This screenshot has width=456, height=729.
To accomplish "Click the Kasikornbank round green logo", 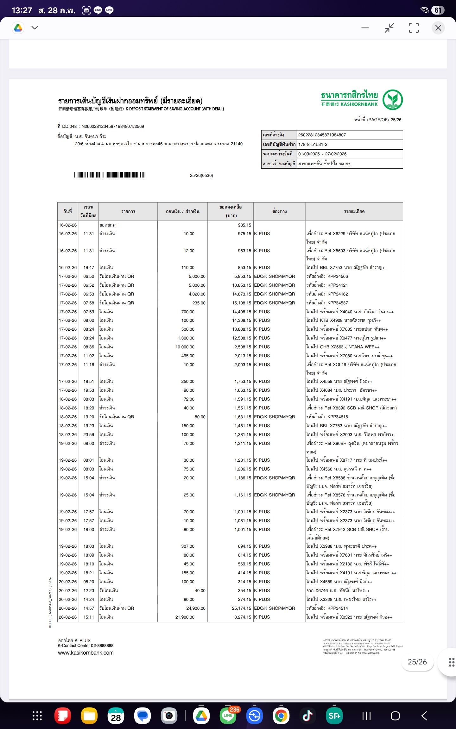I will [392, 100].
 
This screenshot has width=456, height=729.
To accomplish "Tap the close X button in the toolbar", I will [438, 28].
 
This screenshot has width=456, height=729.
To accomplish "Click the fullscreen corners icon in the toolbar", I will [414, 28].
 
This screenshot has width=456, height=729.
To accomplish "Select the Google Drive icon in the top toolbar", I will [18, 28].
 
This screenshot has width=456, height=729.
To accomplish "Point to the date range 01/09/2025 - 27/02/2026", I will [322, 154].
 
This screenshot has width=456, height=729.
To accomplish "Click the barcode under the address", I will [110, 175].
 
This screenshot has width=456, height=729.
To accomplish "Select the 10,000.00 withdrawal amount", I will [185, 347].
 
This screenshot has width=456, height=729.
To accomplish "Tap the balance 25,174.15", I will [241, 608].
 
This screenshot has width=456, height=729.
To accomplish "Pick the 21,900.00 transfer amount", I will [185, 617].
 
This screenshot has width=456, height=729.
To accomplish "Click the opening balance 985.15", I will [244, 225].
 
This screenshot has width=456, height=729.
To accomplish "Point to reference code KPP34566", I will [338, 277].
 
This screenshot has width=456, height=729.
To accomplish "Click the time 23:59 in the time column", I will [89, 435].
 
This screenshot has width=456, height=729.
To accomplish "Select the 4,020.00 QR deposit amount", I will [197, 294].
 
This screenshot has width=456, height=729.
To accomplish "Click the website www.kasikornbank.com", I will [86, 653].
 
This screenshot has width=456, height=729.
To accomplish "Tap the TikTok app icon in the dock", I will [307, 716].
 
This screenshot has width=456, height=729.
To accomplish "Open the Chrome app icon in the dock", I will [281, 716].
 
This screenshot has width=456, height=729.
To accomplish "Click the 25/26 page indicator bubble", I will [417, 662].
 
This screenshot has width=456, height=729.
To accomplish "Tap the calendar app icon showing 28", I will [116, 716].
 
